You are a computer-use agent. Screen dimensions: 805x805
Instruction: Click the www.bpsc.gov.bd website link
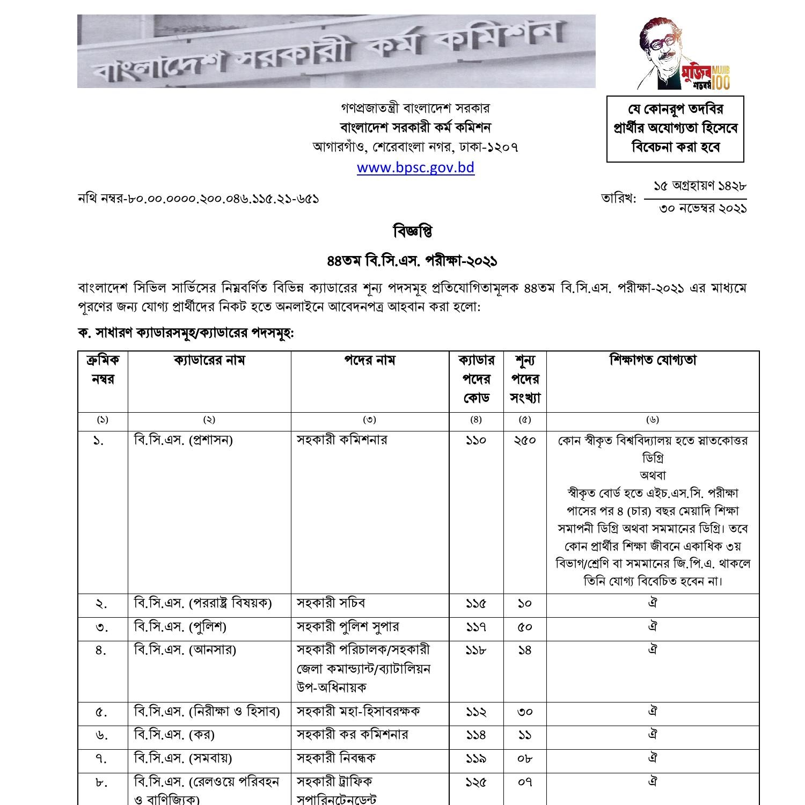415,167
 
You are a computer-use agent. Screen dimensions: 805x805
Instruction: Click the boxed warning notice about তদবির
675,129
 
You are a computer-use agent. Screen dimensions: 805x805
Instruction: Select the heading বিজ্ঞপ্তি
413,232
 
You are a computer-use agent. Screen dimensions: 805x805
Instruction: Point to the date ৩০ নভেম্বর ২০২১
702,209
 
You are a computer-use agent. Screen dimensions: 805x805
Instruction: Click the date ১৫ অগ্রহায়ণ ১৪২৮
699,186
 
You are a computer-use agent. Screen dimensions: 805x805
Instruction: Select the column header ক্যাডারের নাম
209,360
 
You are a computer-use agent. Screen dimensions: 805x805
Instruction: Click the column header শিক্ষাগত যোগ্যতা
653,360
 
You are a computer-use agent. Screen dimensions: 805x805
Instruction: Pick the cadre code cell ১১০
475,441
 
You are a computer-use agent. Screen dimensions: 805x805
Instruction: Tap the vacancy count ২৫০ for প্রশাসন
524,441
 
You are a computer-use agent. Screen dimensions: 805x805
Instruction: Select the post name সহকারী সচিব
331,603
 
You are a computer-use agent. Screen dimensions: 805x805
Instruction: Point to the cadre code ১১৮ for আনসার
475,650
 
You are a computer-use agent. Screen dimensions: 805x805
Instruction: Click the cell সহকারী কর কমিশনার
352,735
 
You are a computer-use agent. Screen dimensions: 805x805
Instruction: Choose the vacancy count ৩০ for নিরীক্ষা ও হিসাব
524,712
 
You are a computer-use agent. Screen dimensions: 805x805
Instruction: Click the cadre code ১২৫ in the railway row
475,782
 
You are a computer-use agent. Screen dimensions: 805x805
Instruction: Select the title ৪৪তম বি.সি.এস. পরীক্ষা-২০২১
412,261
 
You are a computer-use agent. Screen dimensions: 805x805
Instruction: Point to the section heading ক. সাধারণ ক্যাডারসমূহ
186,333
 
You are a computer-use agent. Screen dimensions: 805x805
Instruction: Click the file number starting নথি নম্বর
199,199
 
